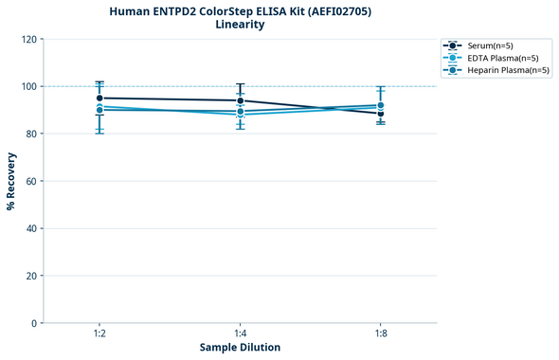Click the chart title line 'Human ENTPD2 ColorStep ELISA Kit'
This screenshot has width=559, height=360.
[x=240, y=11]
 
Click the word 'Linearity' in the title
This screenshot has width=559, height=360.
[x=240, y=25]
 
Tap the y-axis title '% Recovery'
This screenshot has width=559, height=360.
[x=11, y=181]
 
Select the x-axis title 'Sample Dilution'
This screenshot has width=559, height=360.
[x=240, y=347]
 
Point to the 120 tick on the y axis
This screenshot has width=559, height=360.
[x=30, y=39]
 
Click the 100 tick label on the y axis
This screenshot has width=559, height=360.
[x=30, y=86]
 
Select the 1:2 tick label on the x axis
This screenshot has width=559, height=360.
[x=99, y=333]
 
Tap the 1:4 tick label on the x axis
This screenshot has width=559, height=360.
[x=241, y=333]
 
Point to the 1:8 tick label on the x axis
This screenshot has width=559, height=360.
[x=381, y=333]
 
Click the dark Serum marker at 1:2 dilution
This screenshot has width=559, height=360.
[x=99, y=98]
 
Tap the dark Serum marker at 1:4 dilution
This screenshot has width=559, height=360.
[x=241, y=100]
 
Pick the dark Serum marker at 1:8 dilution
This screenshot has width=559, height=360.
[x=381, y=114]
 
